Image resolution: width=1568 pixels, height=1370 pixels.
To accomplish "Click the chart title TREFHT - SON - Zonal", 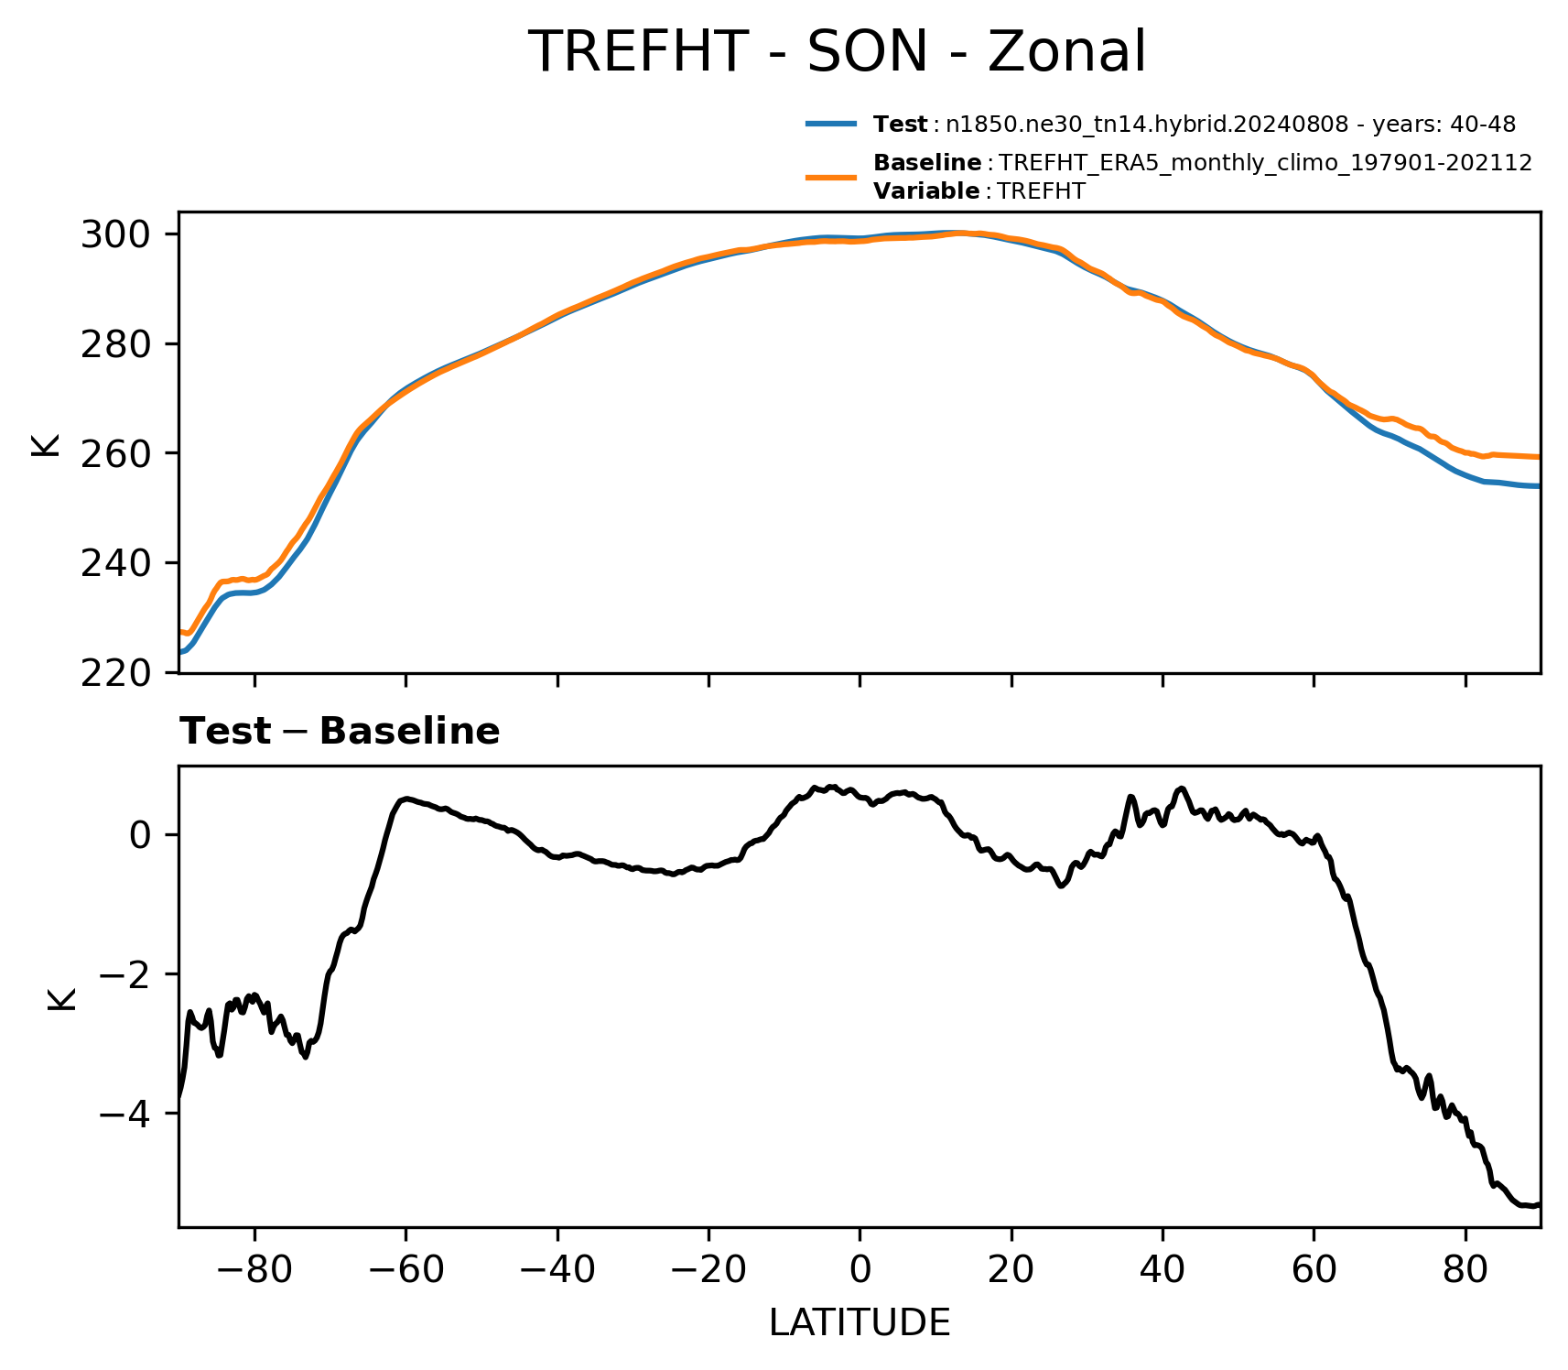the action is (x=837, y=51).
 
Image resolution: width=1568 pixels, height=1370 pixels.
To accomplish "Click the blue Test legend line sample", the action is (x=831, y=124).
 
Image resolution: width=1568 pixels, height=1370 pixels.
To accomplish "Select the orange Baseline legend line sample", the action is (x=831, y=177).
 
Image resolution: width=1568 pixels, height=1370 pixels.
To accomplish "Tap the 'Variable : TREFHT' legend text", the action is (x=979, y=191).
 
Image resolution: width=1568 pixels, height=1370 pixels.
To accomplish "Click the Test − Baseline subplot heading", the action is (x=340, y=732).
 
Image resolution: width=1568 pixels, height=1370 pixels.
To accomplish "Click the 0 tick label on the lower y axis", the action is (x=140, y=835).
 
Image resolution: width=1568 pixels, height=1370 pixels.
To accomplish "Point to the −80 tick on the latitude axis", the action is (x=254, y=1270).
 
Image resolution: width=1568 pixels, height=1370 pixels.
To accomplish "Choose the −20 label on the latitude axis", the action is (x=708, y=1270).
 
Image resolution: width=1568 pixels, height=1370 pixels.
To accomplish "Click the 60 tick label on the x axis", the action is (x=1314, y=1270).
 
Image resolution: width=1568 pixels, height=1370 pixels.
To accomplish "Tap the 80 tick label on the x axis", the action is (x=1465, y=1270).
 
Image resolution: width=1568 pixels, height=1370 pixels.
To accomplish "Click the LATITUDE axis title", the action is (x=860, y=1322).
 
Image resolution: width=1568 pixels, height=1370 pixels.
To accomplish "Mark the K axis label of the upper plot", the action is (x=45, y=443).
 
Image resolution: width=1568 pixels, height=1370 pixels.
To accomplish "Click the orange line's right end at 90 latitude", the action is (x=1540, y=456).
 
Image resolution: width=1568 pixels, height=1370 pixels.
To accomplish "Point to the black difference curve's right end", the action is (x=1540, y=1204).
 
